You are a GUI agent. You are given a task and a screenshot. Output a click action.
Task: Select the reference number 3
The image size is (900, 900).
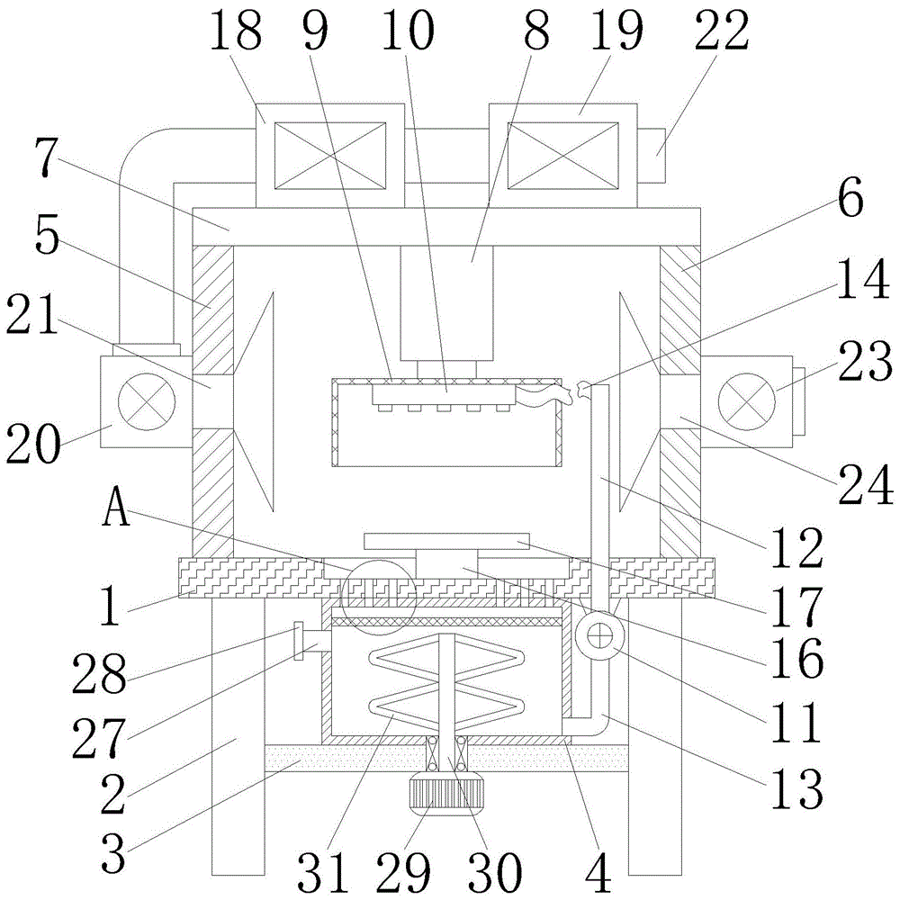pos(112,852)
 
